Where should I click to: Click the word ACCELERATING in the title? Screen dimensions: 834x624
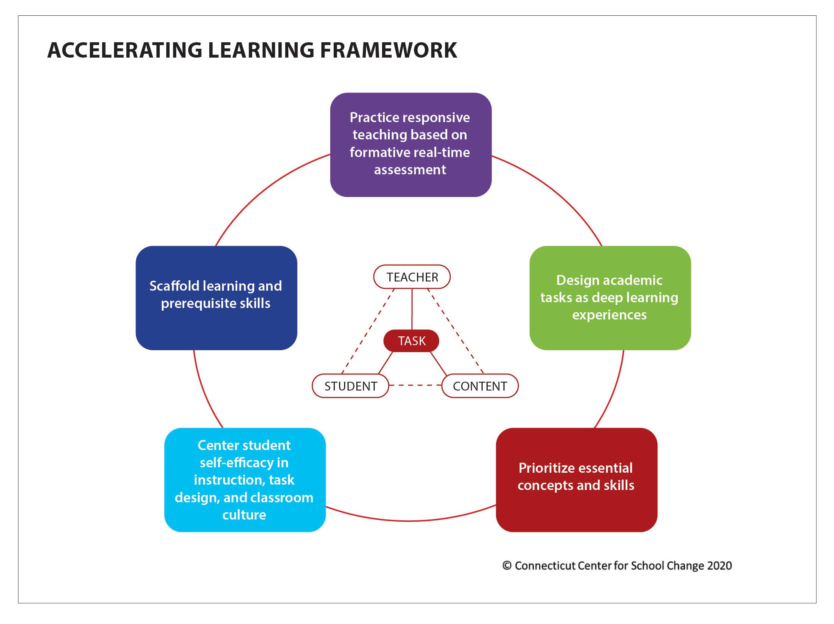pos(124,50)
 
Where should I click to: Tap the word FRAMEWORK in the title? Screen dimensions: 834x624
pos(389,50)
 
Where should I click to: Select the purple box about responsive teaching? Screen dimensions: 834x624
pos(411,145)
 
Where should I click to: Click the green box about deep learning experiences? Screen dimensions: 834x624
pos(610,298)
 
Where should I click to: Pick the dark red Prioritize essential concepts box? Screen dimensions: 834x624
pos(577,480)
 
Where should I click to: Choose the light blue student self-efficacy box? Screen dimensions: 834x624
pos(245,480)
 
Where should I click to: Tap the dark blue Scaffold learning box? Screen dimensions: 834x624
pos(216,298)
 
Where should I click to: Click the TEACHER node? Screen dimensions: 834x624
pos(412,277)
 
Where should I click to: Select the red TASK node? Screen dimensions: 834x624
pos(412,341)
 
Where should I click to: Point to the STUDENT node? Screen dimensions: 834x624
pos(351,386)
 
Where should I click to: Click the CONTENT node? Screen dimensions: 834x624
pos(480,386)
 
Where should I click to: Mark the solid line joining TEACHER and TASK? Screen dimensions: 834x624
pos(412,309)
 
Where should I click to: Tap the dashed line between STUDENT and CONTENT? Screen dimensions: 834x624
pos(415,385)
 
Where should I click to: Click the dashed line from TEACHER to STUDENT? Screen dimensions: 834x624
pos(368,331)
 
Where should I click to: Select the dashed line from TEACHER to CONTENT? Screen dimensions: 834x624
pos(456,331)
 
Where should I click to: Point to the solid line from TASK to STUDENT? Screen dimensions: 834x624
pos(386,363)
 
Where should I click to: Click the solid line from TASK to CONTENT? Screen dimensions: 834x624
pos(439,363)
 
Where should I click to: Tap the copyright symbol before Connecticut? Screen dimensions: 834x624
pos(507,566)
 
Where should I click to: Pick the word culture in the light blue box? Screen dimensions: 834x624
pos(244,515)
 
